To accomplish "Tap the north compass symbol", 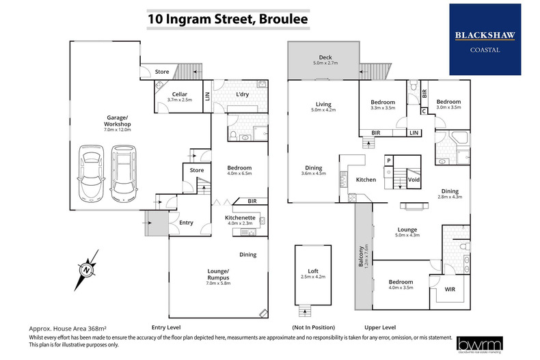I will [87, 269].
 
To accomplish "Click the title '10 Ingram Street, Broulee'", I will [228, 18].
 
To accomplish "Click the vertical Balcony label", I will [361, 257].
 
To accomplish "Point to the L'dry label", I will [241, 94].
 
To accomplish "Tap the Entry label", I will [186, 223].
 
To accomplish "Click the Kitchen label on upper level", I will [366, 180].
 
